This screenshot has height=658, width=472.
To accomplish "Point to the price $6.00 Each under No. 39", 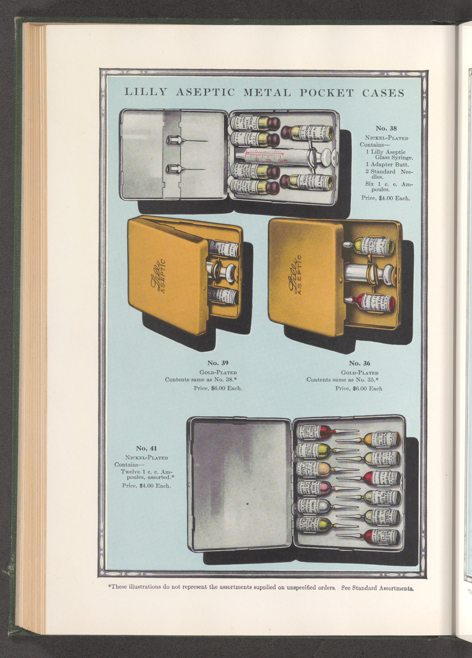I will point(218,388).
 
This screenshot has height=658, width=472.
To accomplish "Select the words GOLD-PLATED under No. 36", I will point(360,373).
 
